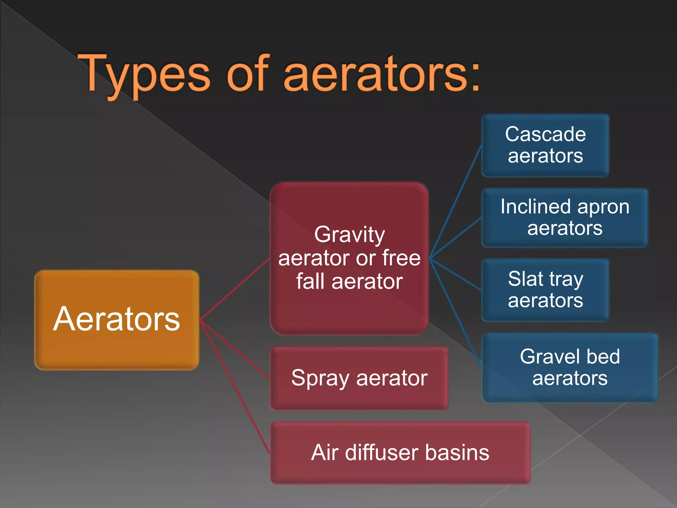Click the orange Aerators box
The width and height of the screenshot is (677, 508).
116,320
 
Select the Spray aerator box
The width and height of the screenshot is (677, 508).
359,378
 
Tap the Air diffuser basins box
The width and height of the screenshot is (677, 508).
400,453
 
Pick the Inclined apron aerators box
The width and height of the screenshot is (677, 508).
565,218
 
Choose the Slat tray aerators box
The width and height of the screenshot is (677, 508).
545,290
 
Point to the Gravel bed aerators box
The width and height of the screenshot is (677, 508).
570,367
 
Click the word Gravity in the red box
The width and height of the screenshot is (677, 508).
349,235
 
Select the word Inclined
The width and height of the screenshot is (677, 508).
536,207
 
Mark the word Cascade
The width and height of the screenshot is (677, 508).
545,134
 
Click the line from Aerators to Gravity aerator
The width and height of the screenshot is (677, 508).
235,290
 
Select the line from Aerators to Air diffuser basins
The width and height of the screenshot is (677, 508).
235,387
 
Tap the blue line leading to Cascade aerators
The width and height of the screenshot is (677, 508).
456,202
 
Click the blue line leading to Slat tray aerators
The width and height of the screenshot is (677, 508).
456,274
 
